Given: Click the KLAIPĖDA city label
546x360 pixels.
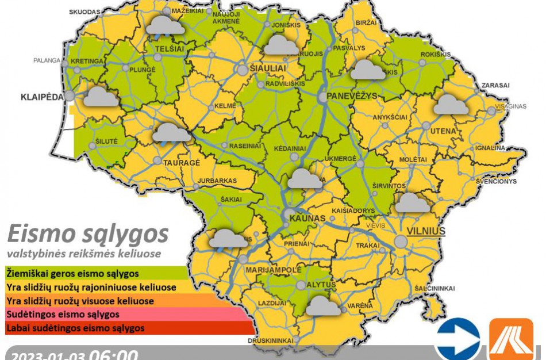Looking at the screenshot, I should (42, 96).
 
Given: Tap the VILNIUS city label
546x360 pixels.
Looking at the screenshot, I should (426, 231).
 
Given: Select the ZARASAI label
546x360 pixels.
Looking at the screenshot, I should (495, 85).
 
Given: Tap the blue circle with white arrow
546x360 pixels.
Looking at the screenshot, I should (457, 339).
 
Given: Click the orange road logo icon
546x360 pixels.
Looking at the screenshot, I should (511, 339).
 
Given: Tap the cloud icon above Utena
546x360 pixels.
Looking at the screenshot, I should (451, 104).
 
